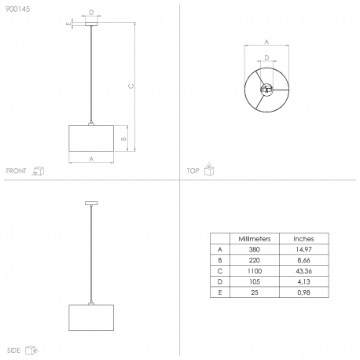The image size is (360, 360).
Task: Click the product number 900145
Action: pyautogui.click(x=18, y=9)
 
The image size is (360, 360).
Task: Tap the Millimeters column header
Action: pyautogui.click(x=255, y=239)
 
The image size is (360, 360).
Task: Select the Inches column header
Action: pyautogui.click(x=303, y=239)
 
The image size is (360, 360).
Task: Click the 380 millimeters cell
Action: pyautogui.click(x=255, y=249)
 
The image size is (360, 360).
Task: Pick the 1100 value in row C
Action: pyautogui.click(x=255, y=271)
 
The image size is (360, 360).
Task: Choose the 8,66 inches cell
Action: pyautogui.click(x=303, y=260)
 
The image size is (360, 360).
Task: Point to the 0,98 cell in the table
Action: pyautogui.click(x=303, y=292)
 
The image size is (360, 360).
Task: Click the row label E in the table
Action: pyautogui.click(x=220, y=292)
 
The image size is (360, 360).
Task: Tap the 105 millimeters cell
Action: pyautogui.click(x=255, y=281)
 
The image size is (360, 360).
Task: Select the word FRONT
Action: pyautogui.click(x=17, y=171)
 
